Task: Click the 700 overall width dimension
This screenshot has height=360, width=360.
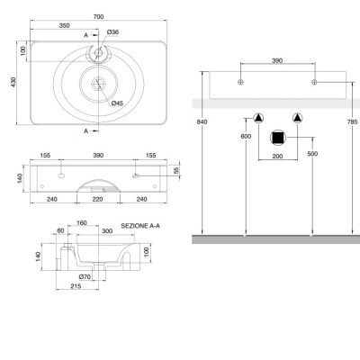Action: click(x=98, y=17)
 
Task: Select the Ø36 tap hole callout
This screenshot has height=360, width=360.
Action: click(x=112, y=32)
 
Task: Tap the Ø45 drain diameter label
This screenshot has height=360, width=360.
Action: click(x=117, y=103)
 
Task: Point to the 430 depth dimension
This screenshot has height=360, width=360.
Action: click(x=13, y=82)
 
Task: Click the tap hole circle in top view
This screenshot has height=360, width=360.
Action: click(x=98, y=53)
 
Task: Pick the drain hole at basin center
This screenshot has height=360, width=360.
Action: click(x=98, y=84)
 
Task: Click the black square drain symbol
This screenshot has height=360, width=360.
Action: click(x=278, y=138)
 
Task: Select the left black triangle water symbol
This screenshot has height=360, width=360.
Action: click(x=258, y=118)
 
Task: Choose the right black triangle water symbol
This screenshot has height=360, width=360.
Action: click(x=297, y=118)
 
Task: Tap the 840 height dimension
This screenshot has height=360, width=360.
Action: click(x=202, y=121)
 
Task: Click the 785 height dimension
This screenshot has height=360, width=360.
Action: click(x=352, y=121)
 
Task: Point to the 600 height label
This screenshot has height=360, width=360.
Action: click(x=246, y=136)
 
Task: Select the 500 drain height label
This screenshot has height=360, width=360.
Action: click(x=312, y=154)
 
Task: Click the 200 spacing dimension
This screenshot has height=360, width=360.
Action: click(x=277, y=157)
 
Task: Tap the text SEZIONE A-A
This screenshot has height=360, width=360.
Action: click(x=140, y=226)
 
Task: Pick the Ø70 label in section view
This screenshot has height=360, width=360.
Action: click(x=85, y=276)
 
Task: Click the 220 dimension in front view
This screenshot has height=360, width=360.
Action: click(x=98, y=199)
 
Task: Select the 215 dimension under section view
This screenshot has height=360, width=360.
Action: click(x=76, y=286)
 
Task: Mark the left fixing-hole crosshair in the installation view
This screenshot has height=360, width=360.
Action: click(x=240, y=82)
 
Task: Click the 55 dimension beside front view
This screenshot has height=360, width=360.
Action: click(x=176, y=170)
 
